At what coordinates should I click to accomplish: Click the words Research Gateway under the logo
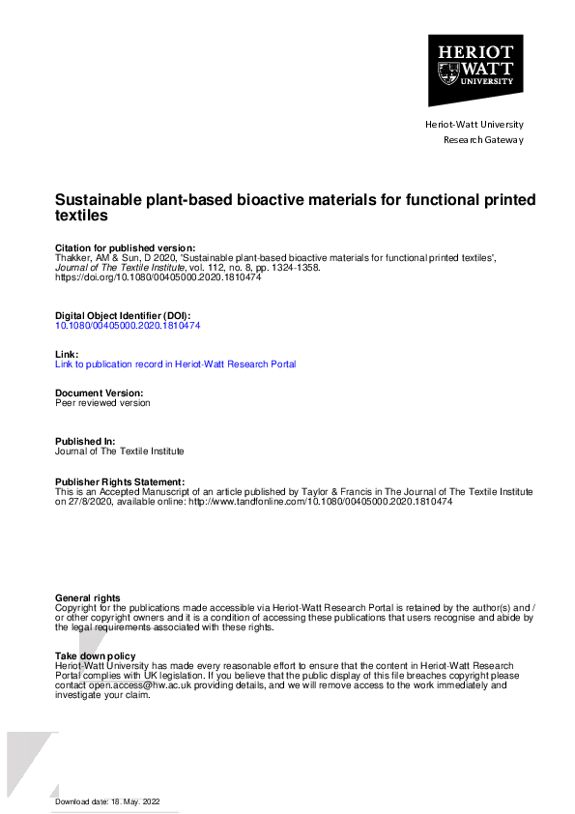pyautogui.click(x=483, y=140)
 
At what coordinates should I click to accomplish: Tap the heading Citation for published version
pyautogui.click(x=126, y=247)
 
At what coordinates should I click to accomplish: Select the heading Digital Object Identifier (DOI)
pyautogui.click(x=123, y=316)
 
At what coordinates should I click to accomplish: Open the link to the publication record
pyautogui.click(x=175, y=364)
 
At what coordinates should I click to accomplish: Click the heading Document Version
pyautogui.click(x=100, y=393)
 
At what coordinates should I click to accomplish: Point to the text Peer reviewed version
pyautogui.click(x=102, y=403)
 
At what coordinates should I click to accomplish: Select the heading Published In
pyautogui.click(x=85, y=442)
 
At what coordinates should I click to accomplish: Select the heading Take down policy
pyautogui.click(x=96, y=656)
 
